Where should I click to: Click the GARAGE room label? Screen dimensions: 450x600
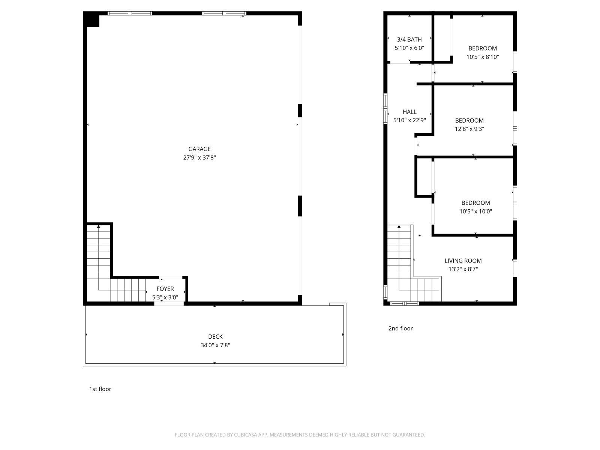point(199,149)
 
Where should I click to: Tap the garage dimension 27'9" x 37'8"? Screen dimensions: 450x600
point(199,158)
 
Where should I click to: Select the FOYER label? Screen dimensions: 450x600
point(165,289)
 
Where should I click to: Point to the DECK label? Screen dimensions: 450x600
point(215,337)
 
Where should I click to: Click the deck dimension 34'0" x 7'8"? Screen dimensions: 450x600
point(215,345)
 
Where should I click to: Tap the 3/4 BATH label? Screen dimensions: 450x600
point(409,39)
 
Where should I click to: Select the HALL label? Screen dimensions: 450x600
point(409,112)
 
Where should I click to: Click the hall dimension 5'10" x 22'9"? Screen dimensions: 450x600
point(409,120)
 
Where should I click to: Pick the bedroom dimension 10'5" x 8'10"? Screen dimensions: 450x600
point(483,57)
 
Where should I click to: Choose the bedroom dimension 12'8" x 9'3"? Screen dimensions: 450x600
point(469,129)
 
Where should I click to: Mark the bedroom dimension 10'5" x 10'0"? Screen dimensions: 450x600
point(475,211)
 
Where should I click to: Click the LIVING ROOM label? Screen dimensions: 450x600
point(463,261)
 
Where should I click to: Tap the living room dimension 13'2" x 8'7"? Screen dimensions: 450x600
point(463,269)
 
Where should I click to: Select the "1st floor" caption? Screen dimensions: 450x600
point(100,389)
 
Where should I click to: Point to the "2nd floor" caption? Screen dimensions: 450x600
point(400,328)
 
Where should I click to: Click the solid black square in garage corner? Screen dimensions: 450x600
point(91,19)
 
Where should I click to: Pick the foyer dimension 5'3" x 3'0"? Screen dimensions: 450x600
point(165,297)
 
